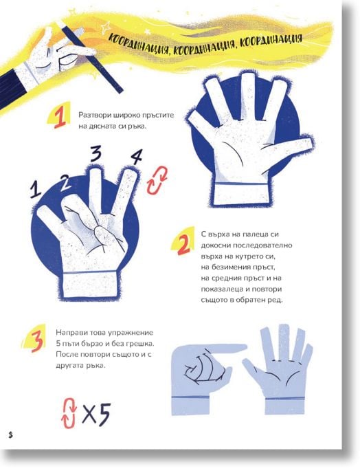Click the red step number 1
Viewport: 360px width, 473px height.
tap(59, 118)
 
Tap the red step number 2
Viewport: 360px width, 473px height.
tap(183, 244)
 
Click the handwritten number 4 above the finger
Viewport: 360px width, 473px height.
tap(136, 156)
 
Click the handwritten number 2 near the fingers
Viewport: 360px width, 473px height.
tap(64, 183)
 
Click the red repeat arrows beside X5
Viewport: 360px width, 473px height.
tap(69, 413)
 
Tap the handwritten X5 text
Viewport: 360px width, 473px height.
tap(96, 414)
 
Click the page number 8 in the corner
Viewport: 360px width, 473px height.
tap(11, 435)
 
